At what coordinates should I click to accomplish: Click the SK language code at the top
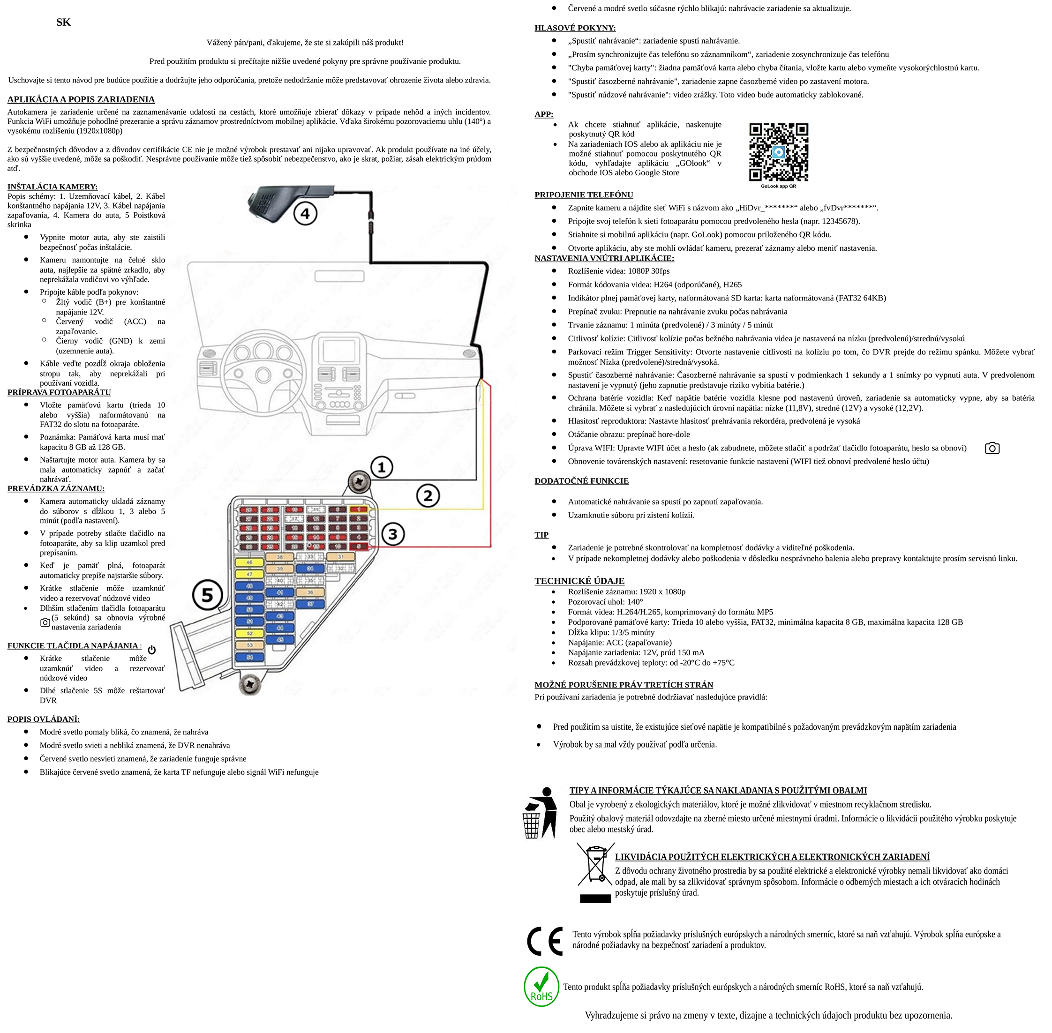click(63, 22)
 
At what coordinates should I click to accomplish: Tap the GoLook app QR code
click(778, 152)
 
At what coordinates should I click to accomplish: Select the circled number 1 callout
click(382, 467)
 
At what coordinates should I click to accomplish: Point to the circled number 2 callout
click(428, 495)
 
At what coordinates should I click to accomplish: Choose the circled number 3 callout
click(393, 534)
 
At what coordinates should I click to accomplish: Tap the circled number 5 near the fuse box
click(208, 595)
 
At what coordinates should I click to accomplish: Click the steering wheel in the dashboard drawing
click(263, 361)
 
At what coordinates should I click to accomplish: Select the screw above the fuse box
click(359, 481)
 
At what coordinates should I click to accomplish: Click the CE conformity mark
click(545, 941)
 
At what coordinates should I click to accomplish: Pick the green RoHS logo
click(541, 986)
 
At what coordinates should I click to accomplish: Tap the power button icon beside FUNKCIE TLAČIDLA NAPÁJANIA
click(152, 650)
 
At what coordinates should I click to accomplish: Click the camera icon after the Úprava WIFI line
click(992, 448)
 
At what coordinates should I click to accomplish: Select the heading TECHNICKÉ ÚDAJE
click(579, 581)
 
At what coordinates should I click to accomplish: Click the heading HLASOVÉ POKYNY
click(575, 28)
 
